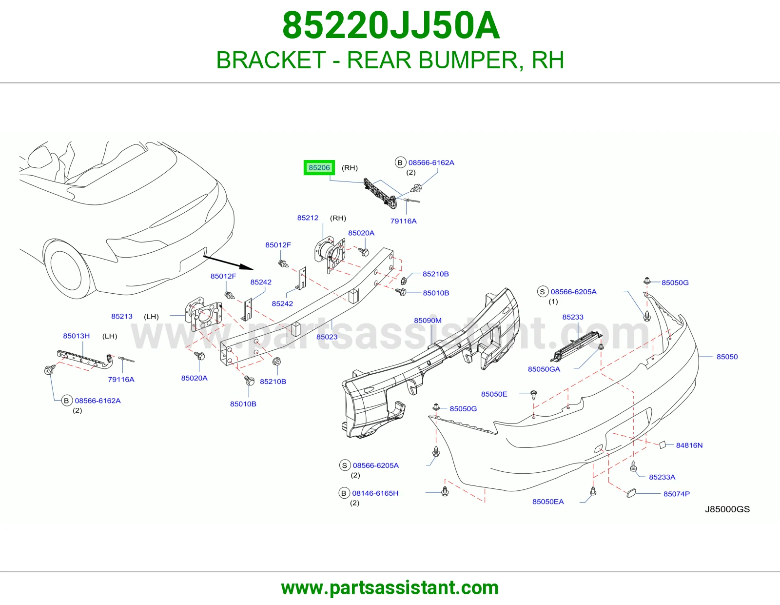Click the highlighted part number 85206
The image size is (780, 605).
[x=319, y=168]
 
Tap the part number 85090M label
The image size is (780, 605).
[x=428, y=321]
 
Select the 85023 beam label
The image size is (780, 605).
[x=327, y=337]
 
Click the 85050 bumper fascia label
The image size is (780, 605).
[x=727, y=357]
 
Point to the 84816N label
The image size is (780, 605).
[x=689, y=445]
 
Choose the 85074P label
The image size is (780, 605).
[x=676, y=494]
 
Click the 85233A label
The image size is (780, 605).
[x=662, y=477]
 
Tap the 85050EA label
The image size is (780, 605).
[x=548, y=502]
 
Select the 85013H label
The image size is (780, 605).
[x=76, y=336]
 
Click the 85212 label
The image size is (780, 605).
[x=308, y=218]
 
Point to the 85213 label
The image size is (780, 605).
[x=122, y=316]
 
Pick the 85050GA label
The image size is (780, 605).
[x=544, y=369]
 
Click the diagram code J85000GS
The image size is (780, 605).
[x=727, y=509]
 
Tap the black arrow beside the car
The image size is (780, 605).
[x=228, y=262]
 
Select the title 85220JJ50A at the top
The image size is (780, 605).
[x=391, y=25]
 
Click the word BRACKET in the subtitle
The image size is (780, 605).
[x=271, y=60]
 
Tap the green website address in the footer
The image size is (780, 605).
[x=390, y=588]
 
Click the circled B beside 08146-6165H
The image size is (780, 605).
[x=344, y=493]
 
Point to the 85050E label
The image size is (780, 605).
[x=494, y=394]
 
